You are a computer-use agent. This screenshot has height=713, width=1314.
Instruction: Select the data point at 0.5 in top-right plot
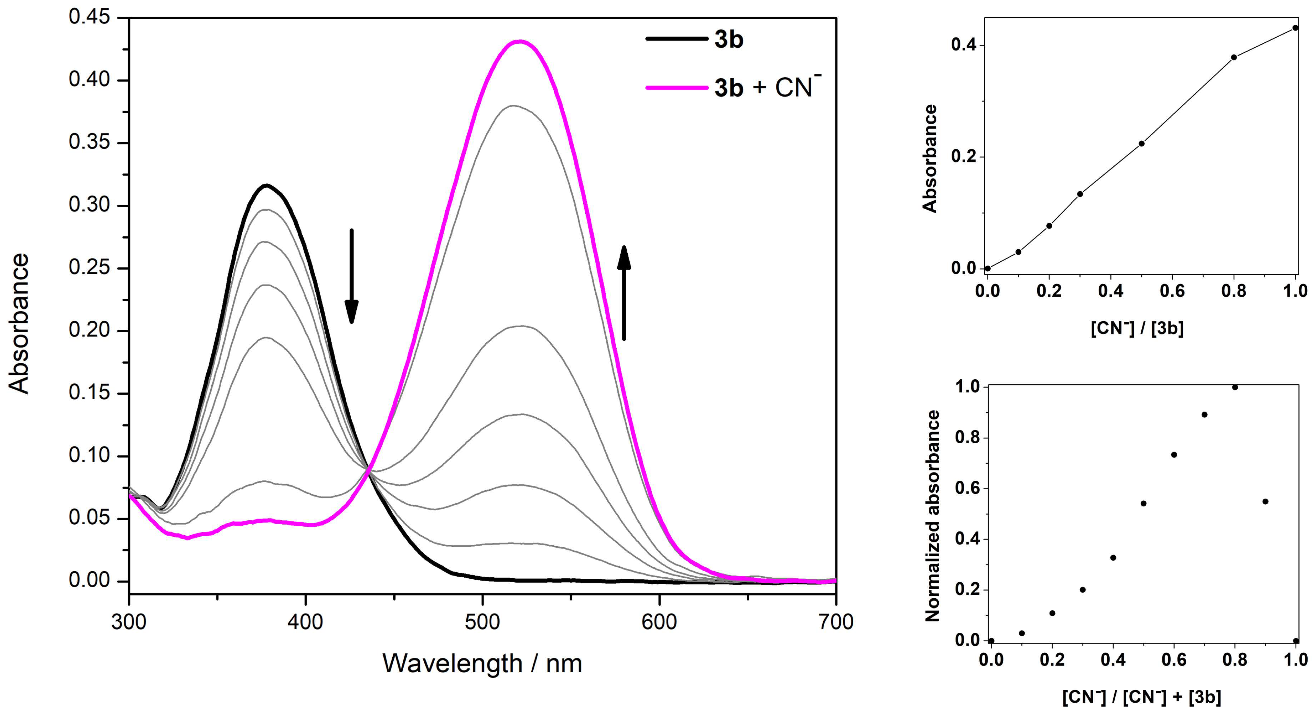coord(1142,143)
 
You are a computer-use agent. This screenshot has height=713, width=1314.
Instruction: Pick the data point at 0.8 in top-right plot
coord(1234,57)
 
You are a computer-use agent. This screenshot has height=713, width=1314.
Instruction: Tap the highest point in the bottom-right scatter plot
coord(1235,387)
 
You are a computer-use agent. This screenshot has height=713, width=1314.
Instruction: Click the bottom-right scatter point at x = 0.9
coord(1265,501)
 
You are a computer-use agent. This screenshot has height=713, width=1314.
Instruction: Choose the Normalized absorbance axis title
coord(933,516)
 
